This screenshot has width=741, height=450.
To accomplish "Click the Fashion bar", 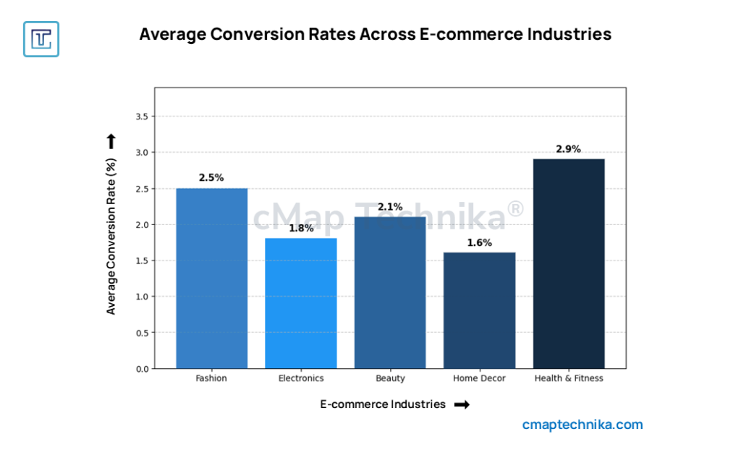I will [211, 279].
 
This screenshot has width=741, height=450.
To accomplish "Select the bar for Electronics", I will [301, 303].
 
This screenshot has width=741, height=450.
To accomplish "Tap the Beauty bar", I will [390, 292].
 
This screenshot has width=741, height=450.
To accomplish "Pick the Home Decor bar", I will [479, 310].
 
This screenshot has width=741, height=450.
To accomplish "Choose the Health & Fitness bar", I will [569, 263].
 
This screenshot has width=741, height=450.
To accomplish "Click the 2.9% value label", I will [569, 149].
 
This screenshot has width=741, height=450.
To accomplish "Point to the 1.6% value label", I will [479, 243].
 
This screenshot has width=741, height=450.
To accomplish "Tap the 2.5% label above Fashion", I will [211, 178].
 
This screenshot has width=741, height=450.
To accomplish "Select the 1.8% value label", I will [301, 229].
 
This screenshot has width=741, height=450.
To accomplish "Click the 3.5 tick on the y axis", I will [141, 116].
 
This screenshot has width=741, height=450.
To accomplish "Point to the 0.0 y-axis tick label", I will [141, 369].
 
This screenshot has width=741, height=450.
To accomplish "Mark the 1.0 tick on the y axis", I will [141, 297].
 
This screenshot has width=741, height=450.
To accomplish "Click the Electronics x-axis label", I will [301, 378].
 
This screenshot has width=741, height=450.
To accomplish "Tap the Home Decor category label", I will [479, 378].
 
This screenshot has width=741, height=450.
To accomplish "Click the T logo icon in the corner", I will [41, 39].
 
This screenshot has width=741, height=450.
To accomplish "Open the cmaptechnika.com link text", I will [583, 425].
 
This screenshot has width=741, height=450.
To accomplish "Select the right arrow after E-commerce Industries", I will [462, 405].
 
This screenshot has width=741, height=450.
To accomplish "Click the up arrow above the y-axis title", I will [111, 141].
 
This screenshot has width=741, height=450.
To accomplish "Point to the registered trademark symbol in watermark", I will [515, 209].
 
